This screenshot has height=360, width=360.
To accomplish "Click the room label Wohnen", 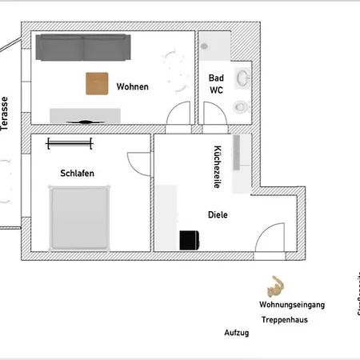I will (132, 86).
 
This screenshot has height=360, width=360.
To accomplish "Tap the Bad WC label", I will (216, 84).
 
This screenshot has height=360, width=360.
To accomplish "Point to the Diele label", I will (218, 214).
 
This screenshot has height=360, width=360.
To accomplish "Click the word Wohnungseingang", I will (291, 305).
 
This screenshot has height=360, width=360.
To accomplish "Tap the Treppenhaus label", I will (284, 319).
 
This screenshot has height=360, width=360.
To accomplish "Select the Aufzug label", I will (237, 332).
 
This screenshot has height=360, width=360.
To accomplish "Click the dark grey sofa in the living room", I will (83, 49).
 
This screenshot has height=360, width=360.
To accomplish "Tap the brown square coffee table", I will (98, 83).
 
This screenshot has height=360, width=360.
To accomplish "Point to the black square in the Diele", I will (189, 240).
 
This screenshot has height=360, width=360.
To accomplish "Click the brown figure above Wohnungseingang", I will (275, 286).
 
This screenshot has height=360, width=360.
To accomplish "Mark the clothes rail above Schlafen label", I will (69, 143).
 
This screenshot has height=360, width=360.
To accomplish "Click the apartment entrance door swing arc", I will (266, 237).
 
